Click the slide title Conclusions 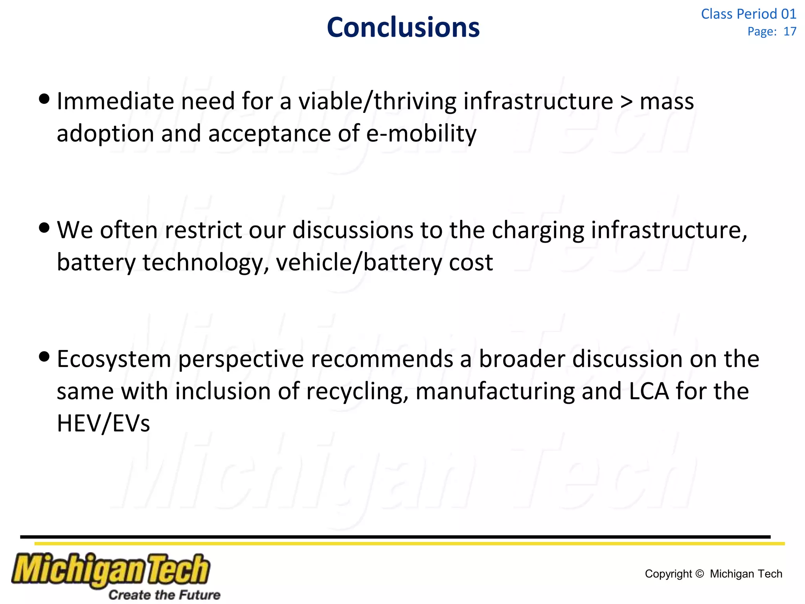point(403,28)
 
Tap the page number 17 point(790,31)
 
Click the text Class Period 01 point(748,14)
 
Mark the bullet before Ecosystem point(45,356)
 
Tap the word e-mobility point(421,134)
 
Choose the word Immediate point(115,101)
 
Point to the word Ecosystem point(114,359)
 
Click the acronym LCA point(649,392)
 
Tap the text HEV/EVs point(103,424)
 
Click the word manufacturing point(495,392)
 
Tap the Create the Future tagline point(164,595)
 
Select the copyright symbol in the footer point(700,574)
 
